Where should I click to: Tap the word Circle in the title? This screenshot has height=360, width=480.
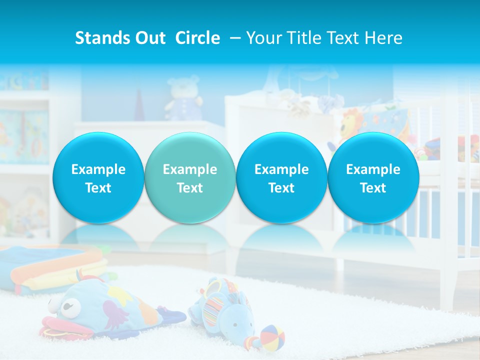tap(197, 38)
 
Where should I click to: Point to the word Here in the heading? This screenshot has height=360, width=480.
tap(383, 38)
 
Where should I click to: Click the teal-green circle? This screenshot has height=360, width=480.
tap(189, 178)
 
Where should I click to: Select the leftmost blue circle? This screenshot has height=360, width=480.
tap(98, 178)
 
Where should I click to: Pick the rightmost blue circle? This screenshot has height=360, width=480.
tap(373, 178)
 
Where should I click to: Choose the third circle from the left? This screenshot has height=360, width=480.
tap(281, 178)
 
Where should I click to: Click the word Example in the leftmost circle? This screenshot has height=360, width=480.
tap(98, 169)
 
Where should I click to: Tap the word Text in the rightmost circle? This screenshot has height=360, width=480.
tap(373, 188)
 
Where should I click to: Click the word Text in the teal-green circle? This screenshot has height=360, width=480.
tap(189, 188)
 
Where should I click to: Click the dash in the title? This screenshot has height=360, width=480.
tap(233, 38)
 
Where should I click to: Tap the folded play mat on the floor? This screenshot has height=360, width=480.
tap(50, 267)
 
